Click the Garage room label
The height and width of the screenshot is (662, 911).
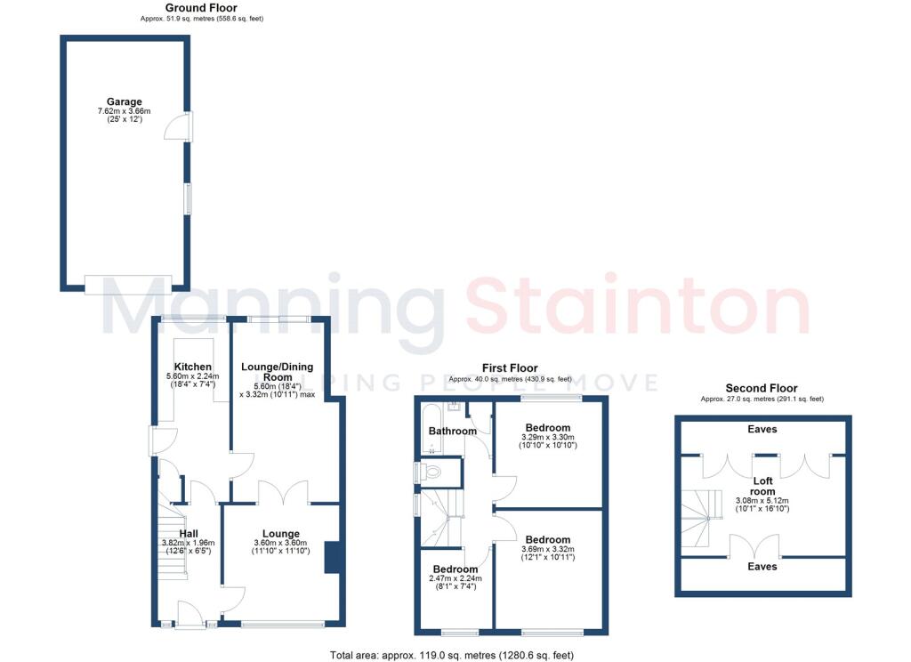click(124, 101)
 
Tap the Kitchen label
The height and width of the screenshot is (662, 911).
click(193, 367)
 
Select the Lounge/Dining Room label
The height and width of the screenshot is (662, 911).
click(278, 372)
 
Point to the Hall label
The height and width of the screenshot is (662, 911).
click(189, 534)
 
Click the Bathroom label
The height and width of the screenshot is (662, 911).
click(453, 431)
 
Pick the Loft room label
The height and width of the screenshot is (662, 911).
click(762, 486)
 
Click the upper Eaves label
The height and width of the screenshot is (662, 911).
click(762, 429)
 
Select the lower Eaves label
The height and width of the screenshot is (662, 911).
click(762, 566)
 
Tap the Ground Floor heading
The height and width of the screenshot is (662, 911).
click(201, 7)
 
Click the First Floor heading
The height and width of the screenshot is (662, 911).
click(510, 367)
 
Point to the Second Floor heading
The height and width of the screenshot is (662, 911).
click(762, 388)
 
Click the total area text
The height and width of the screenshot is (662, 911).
click(452, 655)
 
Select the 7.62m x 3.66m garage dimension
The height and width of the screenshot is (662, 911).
click(124, 111)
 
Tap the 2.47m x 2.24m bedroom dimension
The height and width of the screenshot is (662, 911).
click(455, 578)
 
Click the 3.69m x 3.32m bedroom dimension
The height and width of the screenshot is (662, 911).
click(548, 549)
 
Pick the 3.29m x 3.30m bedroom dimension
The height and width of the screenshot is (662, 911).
click(548, 437)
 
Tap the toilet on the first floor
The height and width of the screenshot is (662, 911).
click(431, 472)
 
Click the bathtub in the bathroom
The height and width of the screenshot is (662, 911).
click(431, 430)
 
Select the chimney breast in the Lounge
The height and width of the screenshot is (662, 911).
click(333, 557)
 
